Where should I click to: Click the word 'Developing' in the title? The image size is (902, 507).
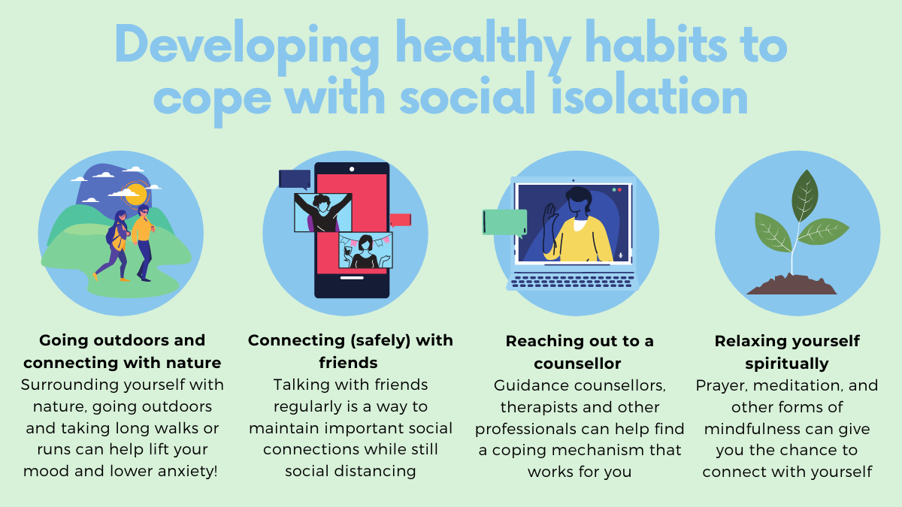click(247, 47)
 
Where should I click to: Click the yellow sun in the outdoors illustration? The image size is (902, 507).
click(136, 194)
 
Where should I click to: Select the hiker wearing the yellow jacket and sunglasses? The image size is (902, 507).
click(143, 243)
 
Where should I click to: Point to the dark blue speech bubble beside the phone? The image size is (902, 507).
click(295, 180)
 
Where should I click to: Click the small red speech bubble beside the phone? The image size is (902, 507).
click(400, 221)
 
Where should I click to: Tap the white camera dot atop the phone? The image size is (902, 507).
click(352, 169)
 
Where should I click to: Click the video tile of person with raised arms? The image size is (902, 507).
click(323, 213)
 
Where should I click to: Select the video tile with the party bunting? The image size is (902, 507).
click(365, 250)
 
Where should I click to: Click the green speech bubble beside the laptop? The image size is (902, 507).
click(505, 222)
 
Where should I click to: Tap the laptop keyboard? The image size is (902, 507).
click(573, 281)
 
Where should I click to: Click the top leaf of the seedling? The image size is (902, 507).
click(804, 195)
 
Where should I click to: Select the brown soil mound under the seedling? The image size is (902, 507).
click(792, 285)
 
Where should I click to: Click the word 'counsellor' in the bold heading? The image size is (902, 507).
click(577, 364)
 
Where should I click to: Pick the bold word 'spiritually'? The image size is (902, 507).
click(787, 364)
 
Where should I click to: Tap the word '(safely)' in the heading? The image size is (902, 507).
click(380, 341)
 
